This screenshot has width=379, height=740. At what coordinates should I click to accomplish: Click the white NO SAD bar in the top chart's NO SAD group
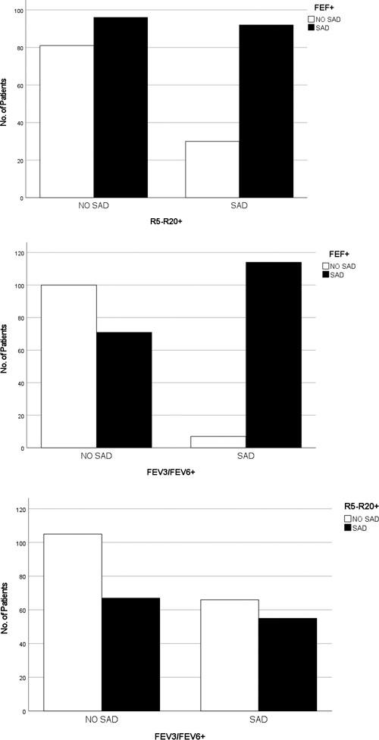(67, 121)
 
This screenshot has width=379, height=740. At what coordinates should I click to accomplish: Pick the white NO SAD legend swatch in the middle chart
(328, 266)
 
